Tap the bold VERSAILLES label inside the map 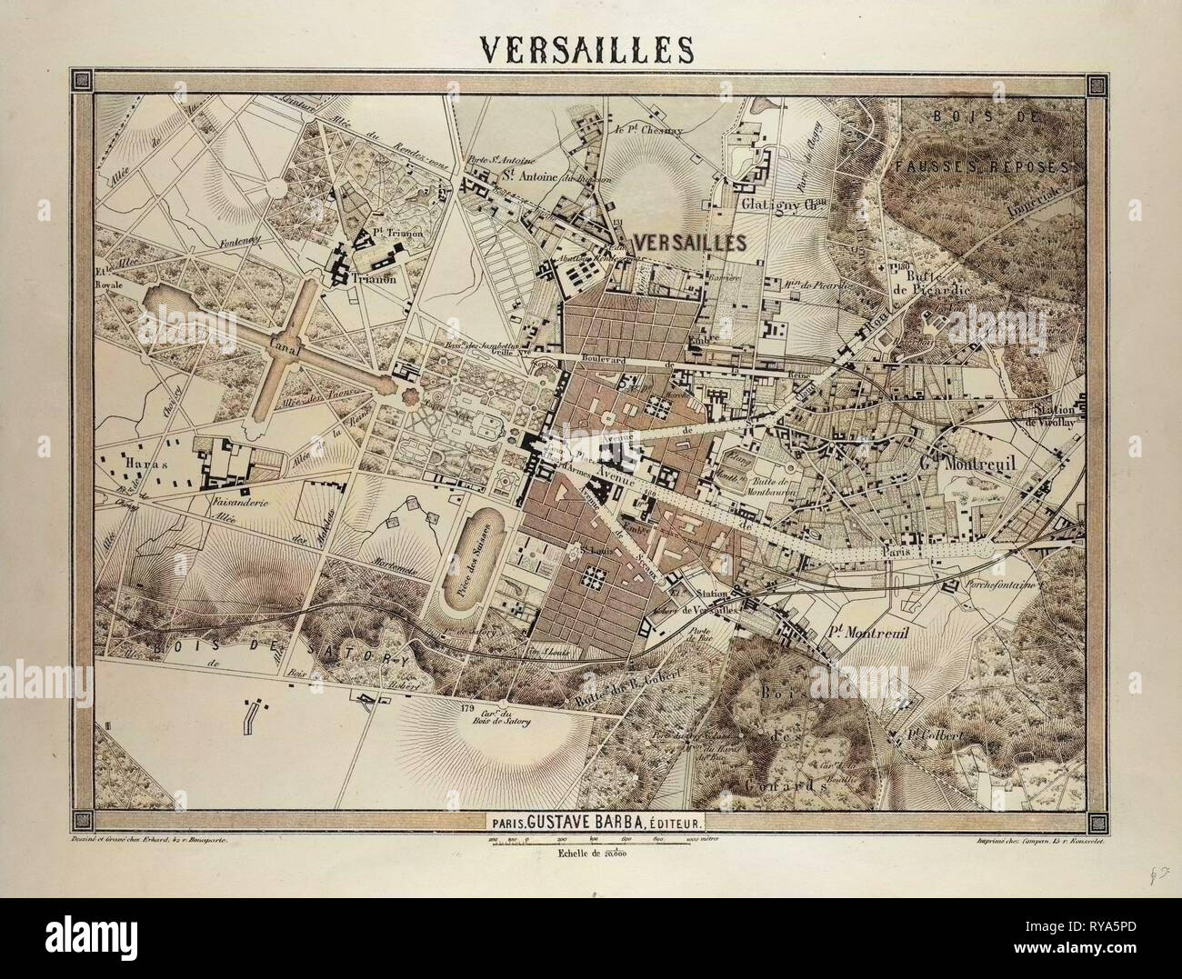[688, 242]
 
